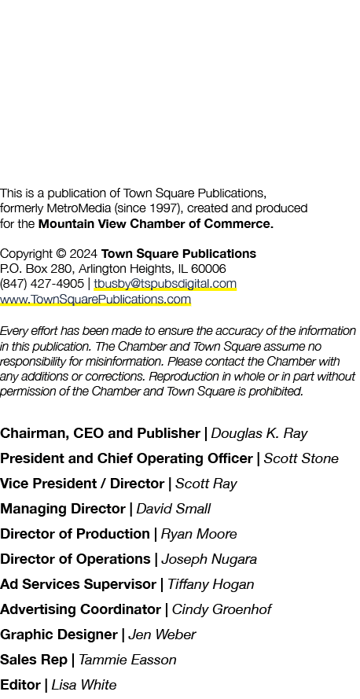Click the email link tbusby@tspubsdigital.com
pos(165,284)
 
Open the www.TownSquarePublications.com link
pos(95,299)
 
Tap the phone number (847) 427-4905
pos(42,284)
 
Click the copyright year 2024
pos(83,254)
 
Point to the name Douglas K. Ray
pos(259,433)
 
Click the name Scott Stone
pos(301,458)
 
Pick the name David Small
pos(173,509)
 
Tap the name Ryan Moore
pos(199,534)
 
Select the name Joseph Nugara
pos(209,559)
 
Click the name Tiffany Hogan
pos(211,584)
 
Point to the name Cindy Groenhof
pos(222,609)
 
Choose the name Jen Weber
pos(162,635)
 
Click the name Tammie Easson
pos(127,660)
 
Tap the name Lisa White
pos(84,685)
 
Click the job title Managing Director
pos(63,509)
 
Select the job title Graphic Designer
pos(59,635)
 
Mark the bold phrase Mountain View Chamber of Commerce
pos(156,224)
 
